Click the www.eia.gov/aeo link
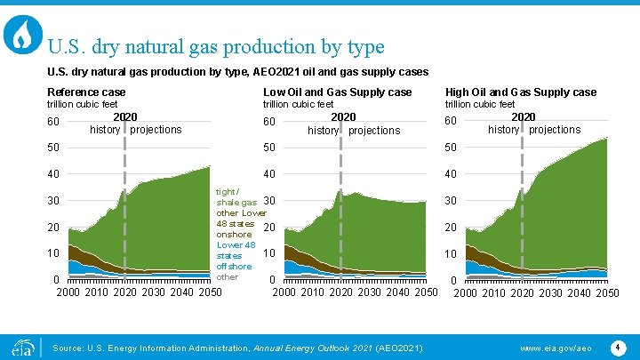(556, 346)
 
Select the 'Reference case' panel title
(86, 92)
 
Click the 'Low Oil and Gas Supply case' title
(337, 92)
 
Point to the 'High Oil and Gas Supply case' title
(520, 92)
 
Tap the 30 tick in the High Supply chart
(451, 201)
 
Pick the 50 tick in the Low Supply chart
(270, 147)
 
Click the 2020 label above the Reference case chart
(124, 116)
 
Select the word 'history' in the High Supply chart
(503, 130)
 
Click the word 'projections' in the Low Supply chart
(374, 131)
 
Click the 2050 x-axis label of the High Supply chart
(607, 293)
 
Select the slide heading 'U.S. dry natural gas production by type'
(216, 45)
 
